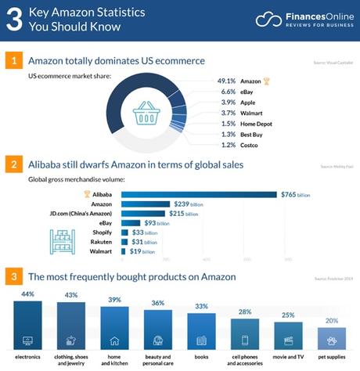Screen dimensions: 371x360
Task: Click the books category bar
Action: point(201,329)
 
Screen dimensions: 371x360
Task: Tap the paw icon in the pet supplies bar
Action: point(332,340)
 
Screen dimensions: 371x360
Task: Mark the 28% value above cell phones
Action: point(244,312)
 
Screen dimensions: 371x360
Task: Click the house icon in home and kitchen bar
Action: point(114,340)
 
